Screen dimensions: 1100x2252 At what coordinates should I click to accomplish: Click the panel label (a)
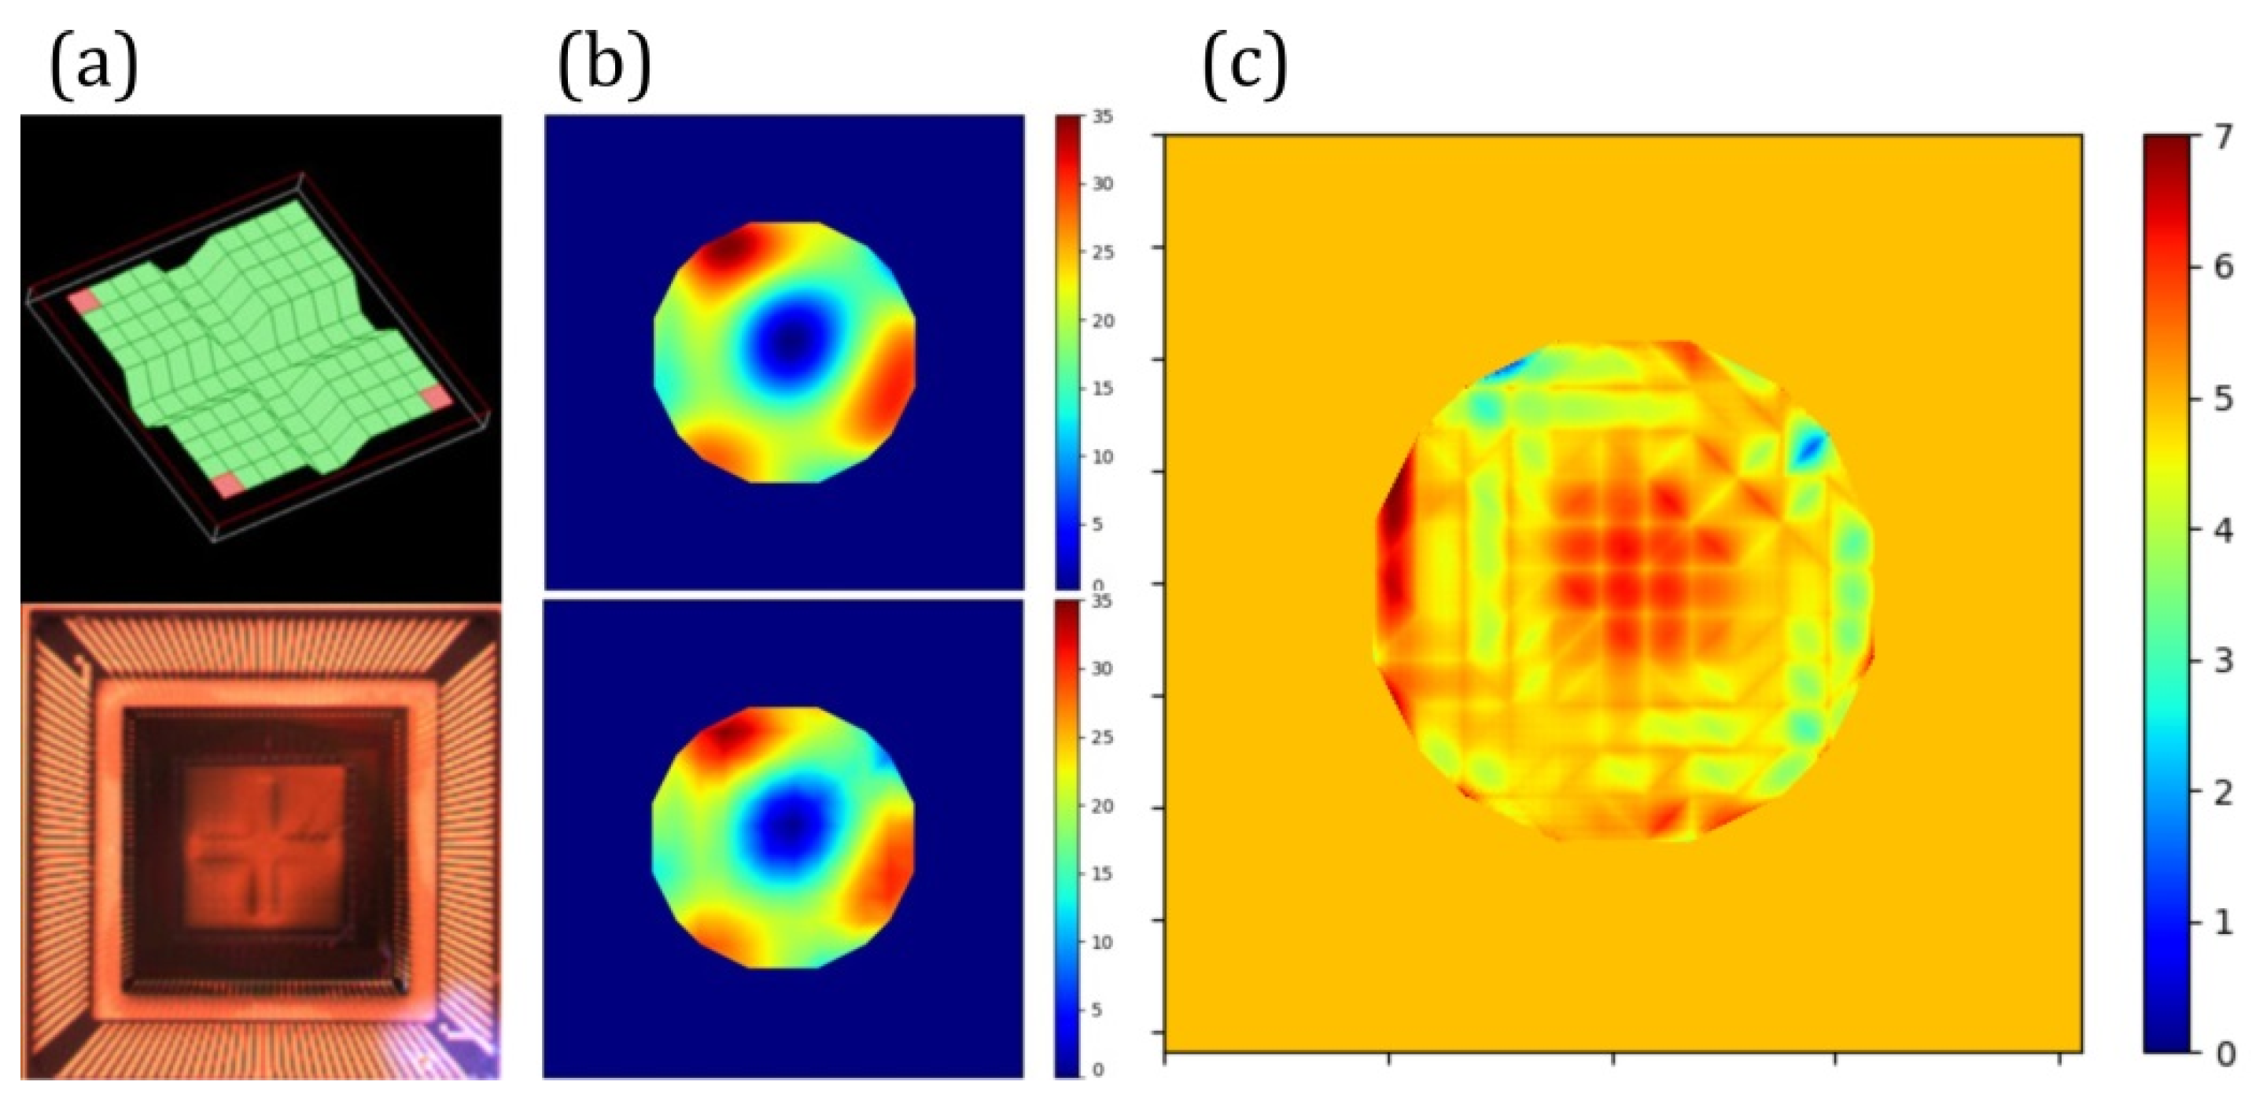(94, 68)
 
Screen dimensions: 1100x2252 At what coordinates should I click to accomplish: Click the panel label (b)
(605, 68)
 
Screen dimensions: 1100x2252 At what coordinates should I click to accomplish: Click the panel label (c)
(1245, 68)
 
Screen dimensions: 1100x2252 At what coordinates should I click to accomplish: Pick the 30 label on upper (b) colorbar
(1102, 184)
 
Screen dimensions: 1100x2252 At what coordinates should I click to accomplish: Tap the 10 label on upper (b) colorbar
(1102, 457)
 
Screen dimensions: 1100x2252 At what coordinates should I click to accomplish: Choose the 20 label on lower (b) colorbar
(1102, 806)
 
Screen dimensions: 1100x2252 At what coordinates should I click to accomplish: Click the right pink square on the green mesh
(435, 399)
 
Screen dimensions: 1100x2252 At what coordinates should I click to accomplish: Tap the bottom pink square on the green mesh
(229, 485)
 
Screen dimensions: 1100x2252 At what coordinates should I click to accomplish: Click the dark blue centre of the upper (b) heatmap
(791, 340)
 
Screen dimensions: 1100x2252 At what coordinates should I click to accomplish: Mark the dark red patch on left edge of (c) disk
(1391, 559)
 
